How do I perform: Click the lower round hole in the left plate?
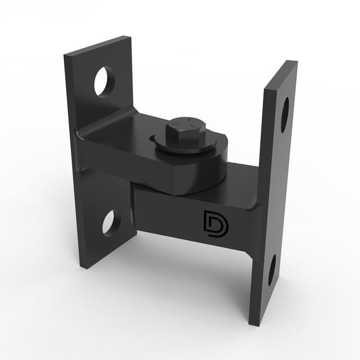point(111,223)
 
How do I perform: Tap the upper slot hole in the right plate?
point(284,115)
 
